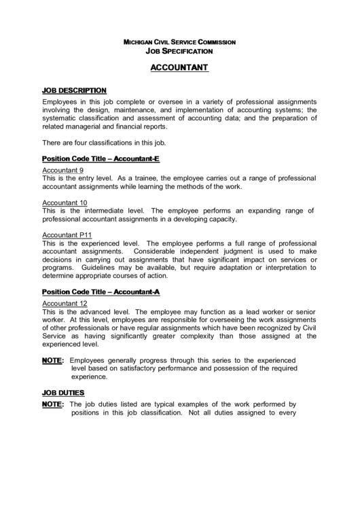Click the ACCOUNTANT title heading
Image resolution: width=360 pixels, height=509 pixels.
click(x=179, y=68)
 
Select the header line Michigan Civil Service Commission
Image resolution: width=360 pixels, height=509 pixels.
click(x=179, y=42)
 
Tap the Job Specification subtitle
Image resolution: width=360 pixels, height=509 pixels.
click(x=179, y=51)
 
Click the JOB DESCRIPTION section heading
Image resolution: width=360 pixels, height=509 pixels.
click(x=74, y=90)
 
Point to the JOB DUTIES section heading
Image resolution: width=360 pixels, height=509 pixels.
click(x=63, y=393)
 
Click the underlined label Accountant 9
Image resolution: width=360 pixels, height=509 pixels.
click(x=63, y=170)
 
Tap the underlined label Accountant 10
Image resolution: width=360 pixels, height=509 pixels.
click(x=65, y=203)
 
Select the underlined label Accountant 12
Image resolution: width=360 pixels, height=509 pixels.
click(x=65, y=303)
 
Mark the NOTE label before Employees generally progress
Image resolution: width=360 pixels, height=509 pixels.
click(x=52, y=360)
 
